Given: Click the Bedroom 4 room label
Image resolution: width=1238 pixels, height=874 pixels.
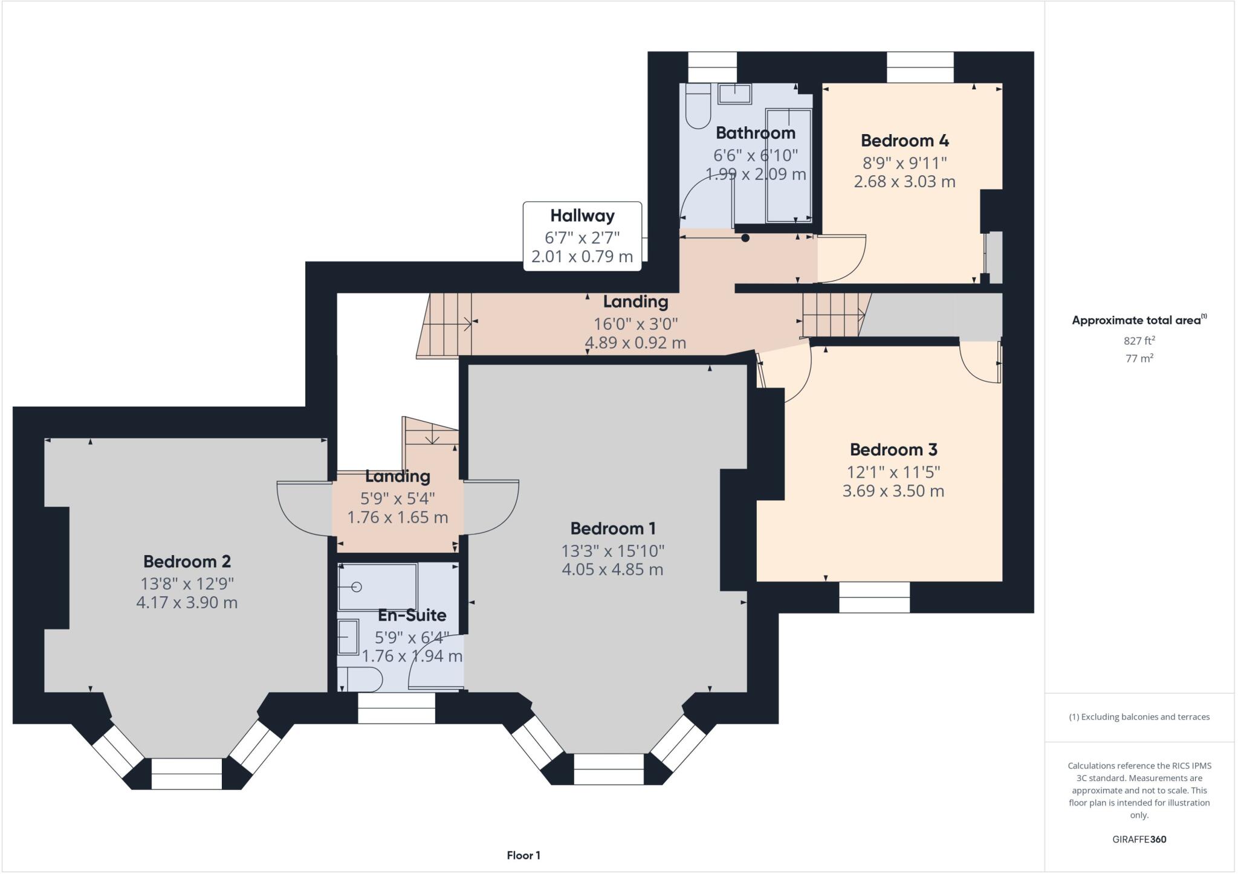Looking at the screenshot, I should coord(904,141).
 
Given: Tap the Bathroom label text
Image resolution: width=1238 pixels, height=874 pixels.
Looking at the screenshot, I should coord(755,133).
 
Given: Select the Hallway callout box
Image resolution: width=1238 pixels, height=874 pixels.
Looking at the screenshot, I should coord(582,236).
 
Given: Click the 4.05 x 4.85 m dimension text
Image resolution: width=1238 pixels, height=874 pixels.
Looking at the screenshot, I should coord(612,570).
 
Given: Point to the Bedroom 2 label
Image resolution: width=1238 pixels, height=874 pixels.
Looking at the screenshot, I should coord(187,562).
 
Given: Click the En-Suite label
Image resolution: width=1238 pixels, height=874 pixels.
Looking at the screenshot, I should coord(412,615).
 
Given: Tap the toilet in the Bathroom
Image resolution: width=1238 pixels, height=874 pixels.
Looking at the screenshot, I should coord(698,108).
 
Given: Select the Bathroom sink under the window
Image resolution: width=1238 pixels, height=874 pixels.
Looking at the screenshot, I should coord(734,94).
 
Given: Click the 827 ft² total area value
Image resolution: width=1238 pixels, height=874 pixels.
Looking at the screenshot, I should coord(1139,341).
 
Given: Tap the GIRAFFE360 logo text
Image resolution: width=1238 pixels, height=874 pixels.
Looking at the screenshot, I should coord(1139,840).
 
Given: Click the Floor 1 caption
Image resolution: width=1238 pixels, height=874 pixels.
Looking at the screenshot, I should coord(523,855).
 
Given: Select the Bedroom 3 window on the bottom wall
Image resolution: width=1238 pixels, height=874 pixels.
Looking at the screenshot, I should coord(874,597).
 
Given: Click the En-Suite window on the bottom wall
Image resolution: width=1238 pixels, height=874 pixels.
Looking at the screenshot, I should coord(396,708).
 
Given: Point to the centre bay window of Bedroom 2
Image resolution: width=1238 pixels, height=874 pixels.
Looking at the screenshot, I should coord(186,774).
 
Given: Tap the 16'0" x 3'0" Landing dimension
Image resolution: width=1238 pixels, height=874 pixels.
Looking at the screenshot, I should coord(635,324).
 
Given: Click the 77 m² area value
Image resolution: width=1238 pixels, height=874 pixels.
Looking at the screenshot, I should coord(1139,358).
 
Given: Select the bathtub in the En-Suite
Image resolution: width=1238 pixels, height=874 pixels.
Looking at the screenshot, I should coord(378,587).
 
